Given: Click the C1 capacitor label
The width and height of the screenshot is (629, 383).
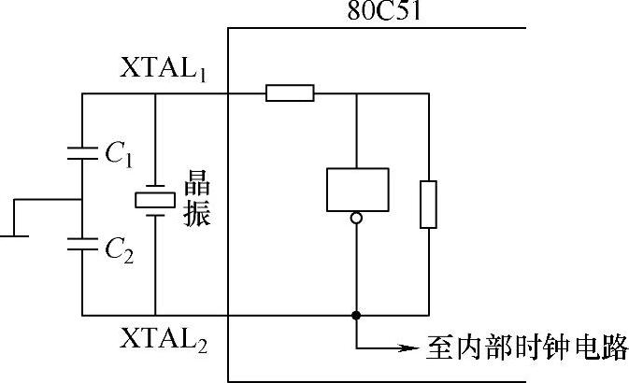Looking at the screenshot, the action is (x=117, y=155).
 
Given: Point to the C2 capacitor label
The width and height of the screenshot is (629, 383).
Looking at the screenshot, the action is (x=117, y=248).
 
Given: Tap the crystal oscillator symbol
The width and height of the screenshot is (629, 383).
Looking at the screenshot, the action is (x=154, y=199).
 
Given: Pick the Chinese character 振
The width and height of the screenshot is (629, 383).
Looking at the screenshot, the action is (x=198, y=214).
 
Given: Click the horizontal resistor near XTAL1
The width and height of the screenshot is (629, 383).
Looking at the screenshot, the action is (x=290, y=93).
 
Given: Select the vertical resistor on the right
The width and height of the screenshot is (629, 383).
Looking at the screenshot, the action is (x=428, y=205).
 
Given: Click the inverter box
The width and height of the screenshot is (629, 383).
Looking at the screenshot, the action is (x=357, y=189).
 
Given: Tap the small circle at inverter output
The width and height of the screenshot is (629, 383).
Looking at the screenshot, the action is (x=357, y=220).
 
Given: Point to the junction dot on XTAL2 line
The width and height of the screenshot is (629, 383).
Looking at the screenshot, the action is (x=357, y=316).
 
